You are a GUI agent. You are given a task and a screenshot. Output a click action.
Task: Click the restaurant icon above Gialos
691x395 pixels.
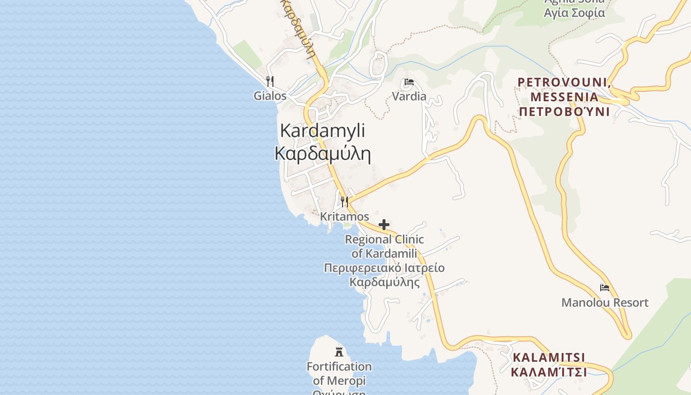269,81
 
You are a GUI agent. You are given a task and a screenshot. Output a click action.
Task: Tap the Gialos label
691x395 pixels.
270,96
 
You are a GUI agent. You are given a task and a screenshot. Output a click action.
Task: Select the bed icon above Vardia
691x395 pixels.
409,82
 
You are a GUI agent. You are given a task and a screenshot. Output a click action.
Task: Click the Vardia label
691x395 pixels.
409,96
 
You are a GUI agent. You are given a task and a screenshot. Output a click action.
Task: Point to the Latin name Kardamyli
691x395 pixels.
322,131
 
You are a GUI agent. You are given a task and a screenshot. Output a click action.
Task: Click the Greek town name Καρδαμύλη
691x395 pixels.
322,154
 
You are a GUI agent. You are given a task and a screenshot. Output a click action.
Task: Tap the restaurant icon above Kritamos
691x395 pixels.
345,202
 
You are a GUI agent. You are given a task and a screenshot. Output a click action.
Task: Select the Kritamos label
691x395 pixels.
345,217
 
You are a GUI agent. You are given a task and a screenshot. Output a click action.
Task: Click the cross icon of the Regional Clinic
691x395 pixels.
384,225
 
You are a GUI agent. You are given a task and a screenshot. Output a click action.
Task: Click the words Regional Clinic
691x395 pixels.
384,239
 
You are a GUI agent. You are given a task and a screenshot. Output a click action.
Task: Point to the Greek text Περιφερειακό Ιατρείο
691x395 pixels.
384,268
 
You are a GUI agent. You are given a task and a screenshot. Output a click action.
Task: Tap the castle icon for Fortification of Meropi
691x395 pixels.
339,352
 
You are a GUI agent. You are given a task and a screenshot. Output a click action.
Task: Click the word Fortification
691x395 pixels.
339,366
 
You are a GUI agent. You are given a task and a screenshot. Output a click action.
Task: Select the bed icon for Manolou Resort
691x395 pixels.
605,288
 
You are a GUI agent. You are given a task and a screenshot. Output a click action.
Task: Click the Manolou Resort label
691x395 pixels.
605,303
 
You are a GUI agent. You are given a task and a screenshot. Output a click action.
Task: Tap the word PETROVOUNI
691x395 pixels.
563,82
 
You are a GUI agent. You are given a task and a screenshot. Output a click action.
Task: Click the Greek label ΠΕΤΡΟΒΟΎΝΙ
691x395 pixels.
564,112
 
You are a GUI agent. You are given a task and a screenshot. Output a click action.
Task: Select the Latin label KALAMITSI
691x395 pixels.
549,357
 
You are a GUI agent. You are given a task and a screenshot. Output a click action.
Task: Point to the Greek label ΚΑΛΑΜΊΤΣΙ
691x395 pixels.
549,372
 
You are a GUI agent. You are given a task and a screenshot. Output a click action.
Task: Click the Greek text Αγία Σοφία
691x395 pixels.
574,13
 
